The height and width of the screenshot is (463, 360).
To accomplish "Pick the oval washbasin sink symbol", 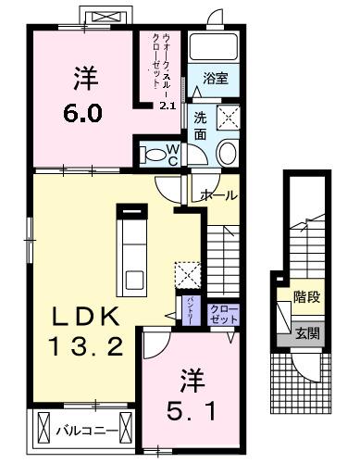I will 226,153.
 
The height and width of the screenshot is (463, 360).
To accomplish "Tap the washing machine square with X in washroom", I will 228,118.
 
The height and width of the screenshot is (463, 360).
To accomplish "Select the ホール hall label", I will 219,195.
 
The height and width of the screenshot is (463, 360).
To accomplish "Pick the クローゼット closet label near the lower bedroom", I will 223,313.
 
